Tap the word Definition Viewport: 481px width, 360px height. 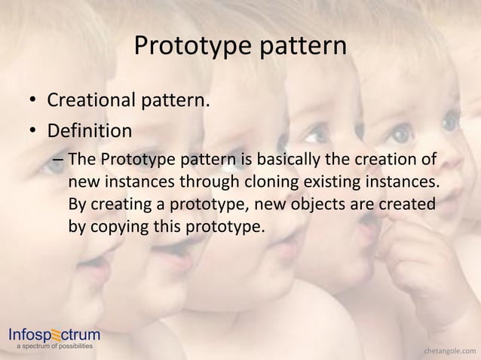pos(90,131)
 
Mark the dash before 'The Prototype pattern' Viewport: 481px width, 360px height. pos(58,160)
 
